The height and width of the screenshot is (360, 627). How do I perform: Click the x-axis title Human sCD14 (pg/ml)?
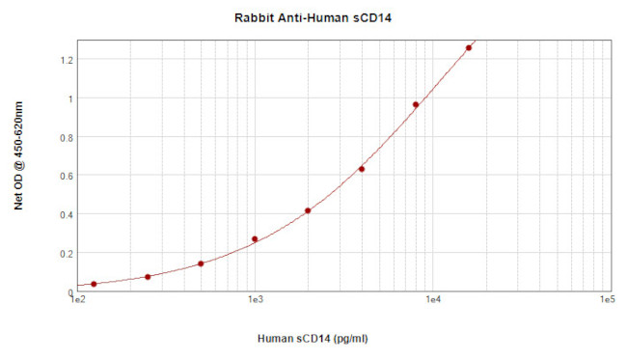tap(313, 339)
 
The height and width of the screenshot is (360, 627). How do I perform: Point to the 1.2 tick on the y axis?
tap(66, 59)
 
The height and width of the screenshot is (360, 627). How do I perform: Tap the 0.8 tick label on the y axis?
tap(66, 136)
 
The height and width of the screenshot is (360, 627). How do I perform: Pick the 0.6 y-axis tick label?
tap(66, 176)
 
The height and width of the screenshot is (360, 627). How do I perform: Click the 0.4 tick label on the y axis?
tap(66, 214)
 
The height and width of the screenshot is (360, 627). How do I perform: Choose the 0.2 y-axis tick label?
tap(66, 253)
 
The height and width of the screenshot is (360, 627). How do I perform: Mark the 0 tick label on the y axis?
tap(69, 291)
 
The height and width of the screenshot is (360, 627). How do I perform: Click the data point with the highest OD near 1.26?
tap(469, 47)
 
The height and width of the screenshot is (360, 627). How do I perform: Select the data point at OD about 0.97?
tap(416, 104)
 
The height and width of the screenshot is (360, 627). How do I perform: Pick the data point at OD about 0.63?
tap(362, 169)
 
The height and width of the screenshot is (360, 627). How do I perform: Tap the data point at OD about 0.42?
tap(308, 210)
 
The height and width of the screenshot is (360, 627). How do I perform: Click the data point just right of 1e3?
tap(255, 239)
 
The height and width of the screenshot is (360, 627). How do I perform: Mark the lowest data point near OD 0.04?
tap(94, 284)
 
